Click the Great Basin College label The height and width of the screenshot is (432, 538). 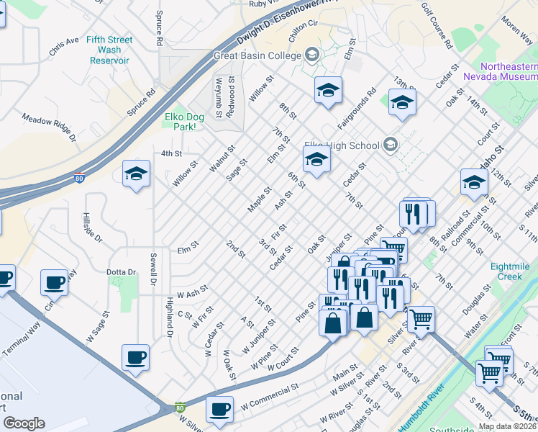click(x=257, y=55)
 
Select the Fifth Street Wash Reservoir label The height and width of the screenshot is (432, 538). click(x=109, y=50)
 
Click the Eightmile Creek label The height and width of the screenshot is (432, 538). click(x=511, y=271)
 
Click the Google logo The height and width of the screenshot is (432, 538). click(x=24, y=423)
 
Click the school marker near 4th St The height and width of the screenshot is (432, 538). click(x=136, y=174)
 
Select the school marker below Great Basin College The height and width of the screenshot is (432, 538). click(x=328, y=90)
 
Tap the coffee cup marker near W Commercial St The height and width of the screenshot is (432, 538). click(x=219, y=409)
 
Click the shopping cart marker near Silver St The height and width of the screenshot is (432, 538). click(x=421, y=317)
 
